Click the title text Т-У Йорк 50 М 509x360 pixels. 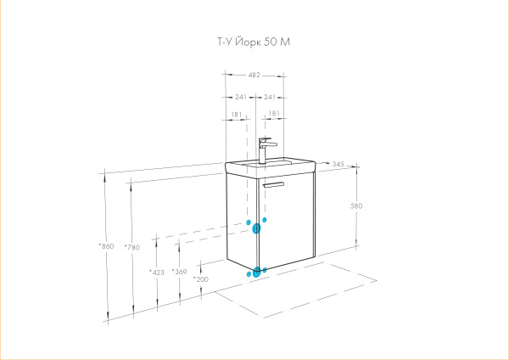point(254,42)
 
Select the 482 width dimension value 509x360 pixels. point(255,75)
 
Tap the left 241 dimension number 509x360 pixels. point(241,97)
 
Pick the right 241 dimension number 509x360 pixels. point(270,97)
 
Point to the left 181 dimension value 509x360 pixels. point(237,115)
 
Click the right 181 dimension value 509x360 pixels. point(274,114)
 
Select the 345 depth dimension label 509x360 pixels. point(338,164)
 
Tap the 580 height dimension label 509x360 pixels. point(356,205)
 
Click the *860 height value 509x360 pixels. point(107,246)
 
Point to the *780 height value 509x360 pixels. point(132,247)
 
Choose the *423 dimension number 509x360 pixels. point(157,273)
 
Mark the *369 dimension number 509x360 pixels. point(180,272)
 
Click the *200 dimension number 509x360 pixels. point(201,279)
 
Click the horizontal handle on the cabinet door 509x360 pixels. point(273,184)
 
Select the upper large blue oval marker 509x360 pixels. point(256,228)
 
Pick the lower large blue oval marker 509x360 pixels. point(256,272)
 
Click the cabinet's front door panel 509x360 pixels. point(286,221)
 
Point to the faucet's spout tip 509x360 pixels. point(276,144)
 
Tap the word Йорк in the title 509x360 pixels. point(248,42)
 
